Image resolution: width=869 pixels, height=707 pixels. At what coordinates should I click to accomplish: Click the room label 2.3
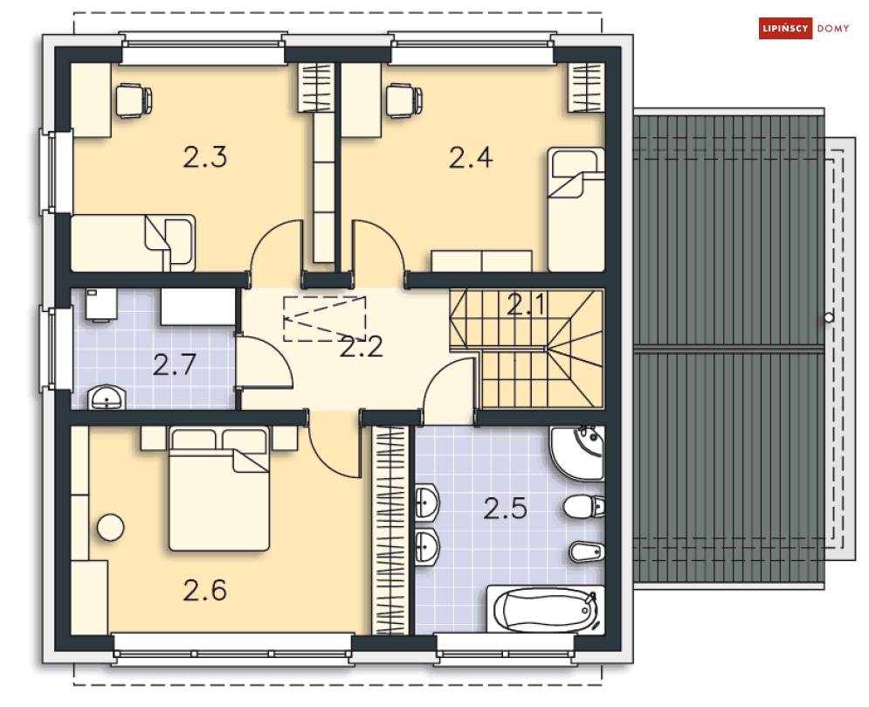pyautogui.click(x=205, y=158)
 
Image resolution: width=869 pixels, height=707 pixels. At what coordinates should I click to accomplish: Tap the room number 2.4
pyautogui.click(x=471, y=158)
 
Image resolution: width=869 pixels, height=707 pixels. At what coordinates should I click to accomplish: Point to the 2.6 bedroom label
pyautogui.click(x=205, y=591)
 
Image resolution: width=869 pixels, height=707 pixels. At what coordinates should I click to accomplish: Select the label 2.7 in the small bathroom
pyautogui.click(x=175, y=364)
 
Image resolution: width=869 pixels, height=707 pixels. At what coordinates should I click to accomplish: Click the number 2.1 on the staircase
pyautogui.click(x=526, y=305)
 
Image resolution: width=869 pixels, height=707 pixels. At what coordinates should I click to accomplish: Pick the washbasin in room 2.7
pyautogui.click(x=107, y=399)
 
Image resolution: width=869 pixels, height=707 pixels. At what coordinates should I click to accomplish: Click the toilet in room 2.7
pyautogui.click(x=100, y=306)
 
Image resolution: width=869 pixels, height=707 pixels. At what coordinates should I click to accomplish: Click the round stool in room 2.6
pyautogui.click(x=110, y=528)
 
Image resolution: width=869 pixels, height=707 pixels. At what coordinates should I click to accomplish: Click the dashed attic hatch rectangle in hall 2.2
pyautogui.click(x=324, y=318)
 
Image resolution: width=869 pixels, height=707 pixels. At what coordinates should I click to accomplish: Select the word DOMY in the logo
pyautogui.click(x=833, y=29)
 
